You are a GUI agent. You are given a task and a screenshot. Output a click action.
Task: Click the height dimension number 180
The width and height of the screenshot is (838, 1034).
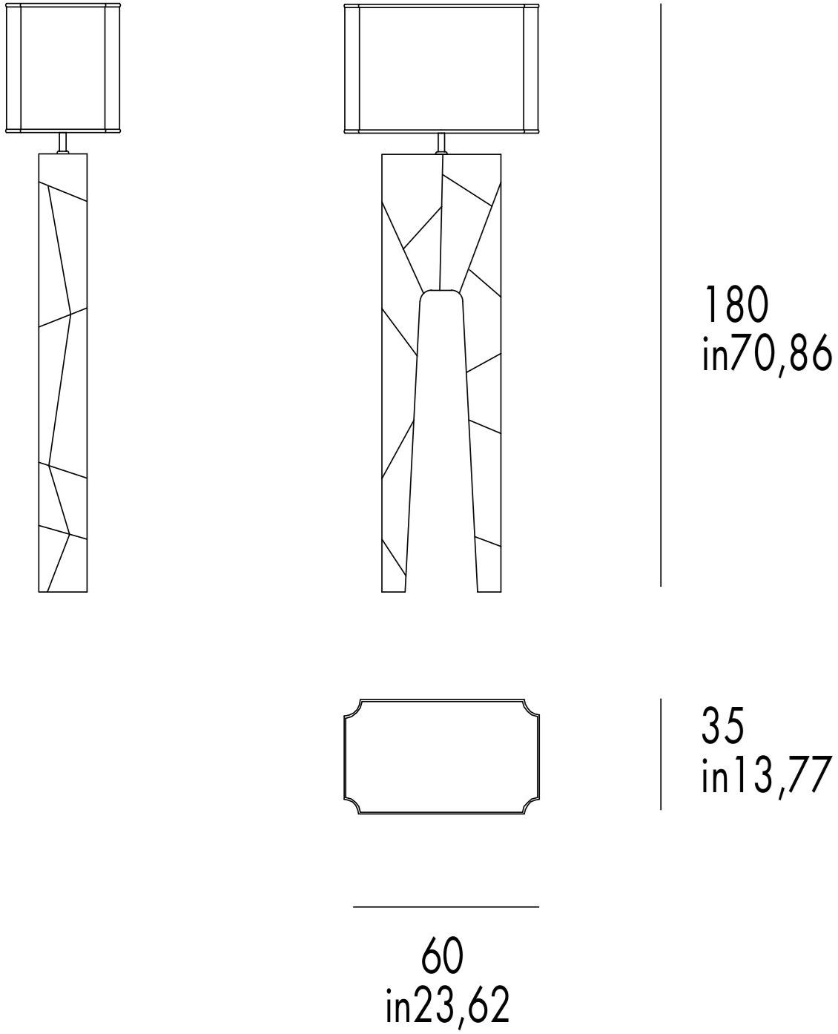coord(736,305)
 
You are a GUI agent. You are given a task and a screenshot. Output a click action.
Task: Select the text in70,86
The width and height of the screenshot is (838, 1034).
coord(767,354)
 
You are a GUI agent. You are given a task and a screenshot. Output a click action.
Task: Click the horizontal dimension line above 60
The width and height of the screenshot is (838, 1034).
coord(446,906)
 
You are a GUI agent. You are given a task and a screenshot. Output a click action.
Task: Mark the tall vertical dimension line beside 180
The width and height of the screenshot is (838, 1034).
coord(661,295)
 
